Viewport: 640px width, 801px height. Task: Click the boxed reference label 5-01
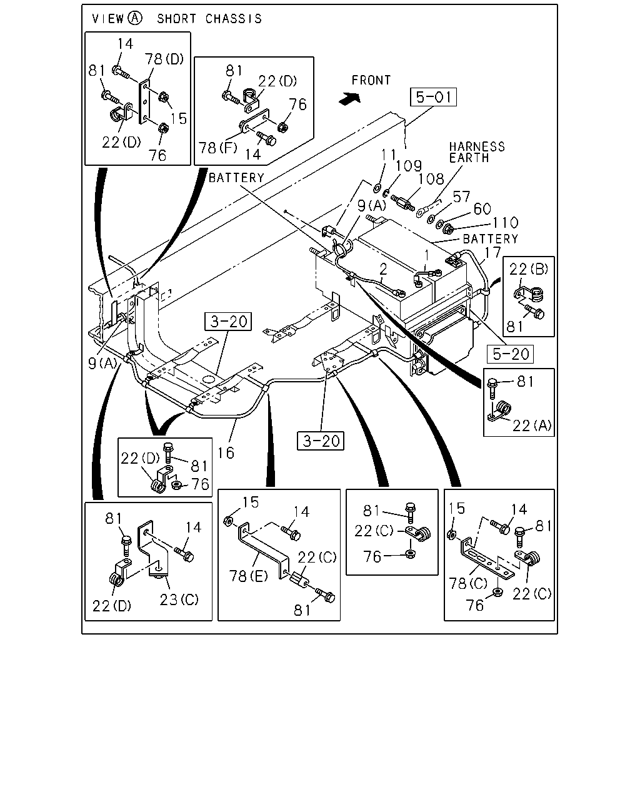433,97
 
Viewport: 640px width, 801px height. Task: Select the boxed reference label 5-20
510,354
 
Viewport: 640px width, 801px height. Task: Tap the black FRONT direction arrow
350,98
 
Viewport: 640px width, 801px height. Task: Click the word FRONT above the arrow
371,80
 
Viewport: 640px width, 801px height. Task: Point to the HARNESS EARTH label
477,152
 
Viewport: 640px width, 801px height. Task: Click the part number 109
409,166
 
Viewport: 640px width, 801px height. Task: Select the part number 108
431,179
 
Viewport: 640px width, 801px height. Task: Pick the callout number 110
506,223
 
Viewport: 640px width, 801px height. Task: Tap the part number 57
461,196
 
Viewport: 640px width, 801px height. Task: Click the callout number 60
482,209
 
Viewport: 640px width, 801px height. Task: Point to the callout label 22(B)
528,268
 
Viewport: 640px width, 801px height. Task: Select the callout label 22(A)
532,426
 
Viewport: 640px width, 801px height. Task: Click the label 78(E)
248,576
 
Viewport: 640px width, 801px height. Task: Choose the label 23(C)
179,599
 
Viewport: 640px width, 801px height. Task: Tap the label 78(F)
218,148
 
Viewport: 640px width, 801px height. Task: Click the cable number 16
226,453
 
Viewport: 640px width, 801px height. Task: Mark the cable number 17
492,252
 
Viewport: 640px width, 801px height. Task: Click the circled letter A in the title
134,18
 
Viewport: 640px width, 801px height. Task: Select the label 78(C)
468,583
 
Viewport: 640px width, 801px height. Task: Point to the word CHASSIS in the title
234,19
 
